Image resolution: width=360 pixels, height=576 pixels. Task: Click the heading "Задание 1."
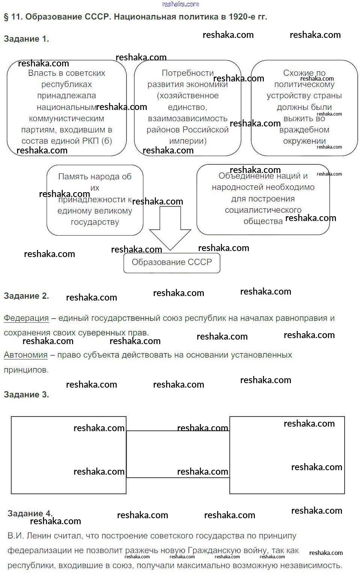pos(26,39)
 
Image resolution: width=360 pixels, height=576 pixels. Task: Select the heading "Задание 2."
pos(26,296)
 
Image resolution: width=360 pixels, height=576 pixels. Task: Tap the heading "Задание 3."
pos(26,395)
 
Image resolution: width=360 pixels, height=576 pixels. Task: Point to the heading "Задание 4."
pos(30,513)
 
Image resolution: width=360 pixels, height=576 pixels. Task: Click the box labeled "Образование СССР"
pos(172,262)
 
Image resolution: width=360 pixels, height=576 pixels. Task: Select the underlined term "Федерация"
pos(26,318)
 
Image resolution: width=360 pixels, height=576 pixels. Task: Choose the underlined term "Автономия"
pos(26,355)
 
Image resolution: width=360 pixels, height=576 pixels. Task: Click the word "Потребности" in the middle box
pos(187,73)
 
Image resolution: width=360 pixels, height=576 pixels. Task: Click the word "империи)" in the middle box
pos(188,141)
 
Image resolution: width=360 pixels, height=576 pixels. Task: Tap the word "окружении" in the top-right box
pos(304,141)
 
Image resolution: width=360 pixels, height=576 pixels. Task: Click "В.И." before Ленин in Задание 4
pos(15,536)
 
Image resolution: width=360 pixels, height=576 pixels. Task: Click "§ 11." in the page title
pos(13,17)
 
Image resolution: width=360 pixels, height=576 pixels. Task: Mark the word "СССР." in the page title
pos(98,17)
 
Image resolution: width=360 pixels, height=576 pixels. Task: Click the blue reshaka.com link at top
pos(180,4)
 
